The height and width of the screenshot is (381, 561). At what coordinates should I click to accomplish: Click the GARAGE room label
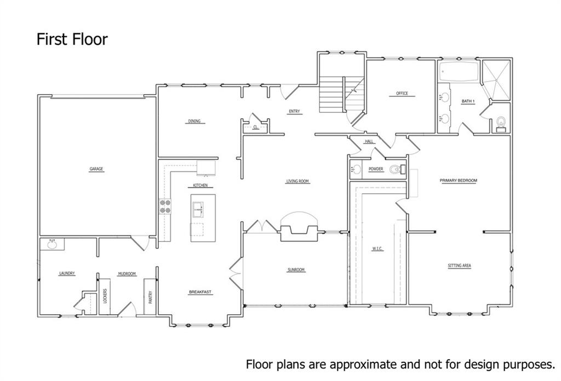click(x=96, y=169)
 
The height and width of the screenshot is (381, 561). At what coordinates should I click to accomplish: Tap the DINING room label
click(x=194, y=122)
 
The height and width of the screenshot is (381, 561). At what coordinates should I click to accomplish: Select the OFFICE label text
click(x=402, y=94)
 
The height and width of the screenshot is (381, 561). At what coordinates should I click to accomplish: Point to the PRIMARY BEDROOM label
click(x=459, y=181)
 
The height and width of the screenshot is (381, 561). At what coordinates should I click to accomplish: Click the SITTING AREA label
click(x=459, y=266)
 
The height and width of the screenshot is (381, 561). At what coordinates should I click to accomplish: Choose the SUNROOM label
click(x=296, y=270)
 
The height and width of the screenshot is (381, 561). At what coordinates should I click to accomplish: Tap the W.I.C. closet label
click(x=377, y=249)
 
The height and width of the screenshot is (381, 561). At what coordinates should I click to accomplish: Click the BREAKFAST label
click(x=200, y=292)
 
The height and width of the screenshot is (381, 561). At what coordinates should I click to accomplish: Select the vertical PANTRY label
click(x=150, y=297)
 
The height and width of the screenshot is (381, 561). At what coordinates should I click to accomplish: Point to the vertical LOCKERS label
click(x=104, y=297)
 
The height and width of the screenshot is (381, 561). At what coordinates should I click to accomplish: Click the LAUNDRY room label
click(x=67, y=274)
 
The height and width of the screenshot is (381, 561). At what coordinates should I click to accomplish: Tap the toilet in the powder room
click(x=396, y=170)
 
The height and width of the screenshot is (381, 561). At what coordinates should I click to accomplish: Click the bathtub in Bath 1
click(x=458, y=71)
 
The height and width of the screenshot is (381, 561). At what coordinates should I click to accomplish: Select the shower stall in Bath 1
click(x=496, y=79)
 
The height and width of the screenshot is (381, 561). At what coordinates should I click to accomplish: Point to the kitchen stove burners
click(x=165, y=206)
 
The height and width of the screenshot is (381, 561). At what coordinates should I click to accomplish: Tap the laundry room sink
click(x=53, y=244)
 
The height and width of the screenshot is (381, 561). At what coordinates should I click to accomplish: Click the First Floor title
click(x=72, y=39)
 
